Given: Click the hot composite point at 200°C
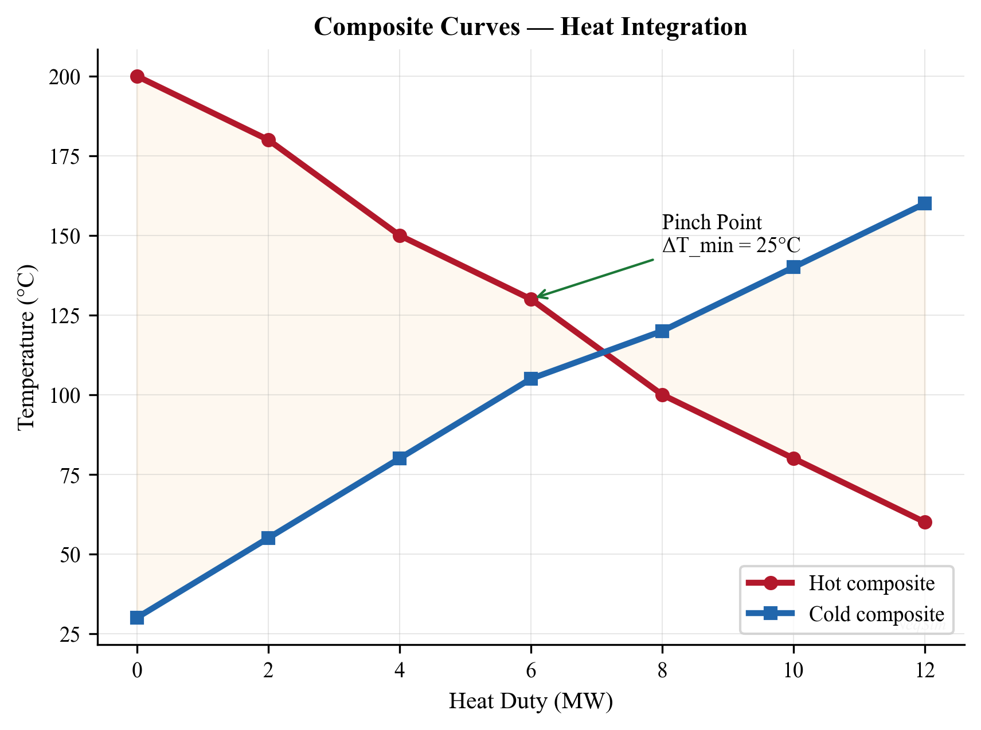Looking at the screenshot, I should pos(137,76).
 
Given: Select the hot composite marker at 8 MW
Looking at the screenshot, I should pos(662,395).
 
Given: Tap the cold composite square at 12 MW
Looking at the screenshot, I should pos(924,203).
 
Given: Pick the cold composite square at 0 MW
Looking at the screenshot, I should pos(137,618).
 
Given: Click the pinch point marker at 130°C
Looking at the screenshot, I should pos(531,299).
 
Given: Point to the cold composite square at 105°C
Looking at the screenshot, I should pos(531,379).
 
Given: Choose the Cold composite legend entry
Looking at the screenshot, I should pos(876,614).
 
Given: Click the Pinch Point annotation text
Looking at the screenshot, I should pos(712,222).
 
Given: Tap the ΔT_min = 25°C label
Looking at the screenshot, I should pos(730,245).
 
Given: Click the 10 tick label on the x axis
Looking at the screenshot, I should pos(793,670).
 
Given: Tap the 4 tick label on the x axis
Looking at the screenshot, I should pos(400,670).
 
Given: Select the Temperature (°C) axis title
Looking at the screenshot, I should pos(26,347).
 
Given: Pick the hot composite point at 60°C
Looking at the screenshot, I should pos(924,522).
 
